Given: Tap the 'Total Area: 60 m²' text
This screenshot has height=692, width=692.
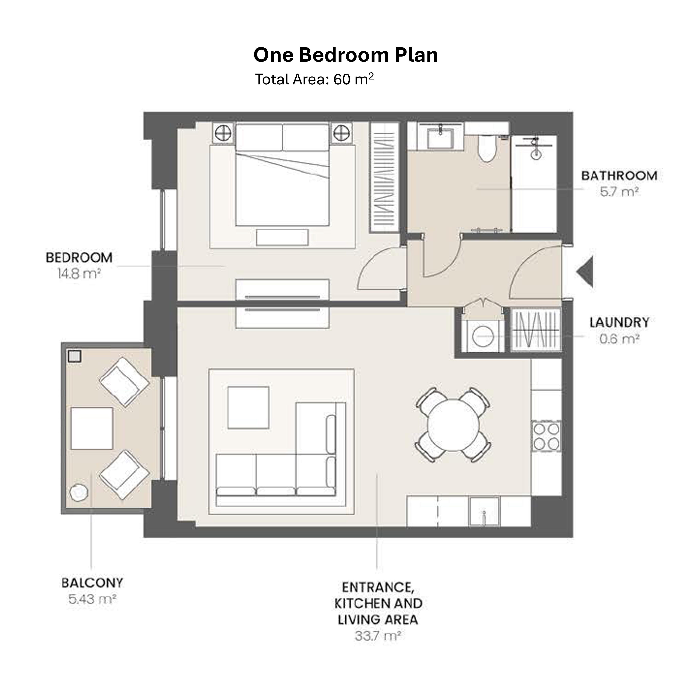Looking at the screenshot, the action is (314, 79).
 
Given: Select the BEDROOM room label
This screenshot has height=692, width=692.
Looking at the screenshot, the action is (79, 258).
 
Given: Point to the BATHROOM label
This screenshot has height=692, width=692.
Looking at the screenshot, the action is (619, 176).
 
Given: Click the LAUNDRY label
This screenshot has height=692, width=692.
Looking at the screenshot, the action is (619, 322).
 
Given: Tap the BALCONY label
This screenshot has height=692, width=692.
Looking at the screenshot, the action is (92, 583).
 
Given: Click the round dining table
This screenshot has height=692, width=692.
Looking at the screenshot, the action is (453, 425).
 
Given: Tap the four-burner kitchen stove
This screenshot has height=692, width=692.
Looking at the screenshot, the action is (546, 436).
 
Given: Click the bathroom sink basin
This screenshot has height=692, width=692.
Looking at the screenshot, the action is (441, 138).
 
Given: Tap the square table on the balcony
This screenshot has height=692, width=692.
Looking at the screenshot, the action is (92, 428).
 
